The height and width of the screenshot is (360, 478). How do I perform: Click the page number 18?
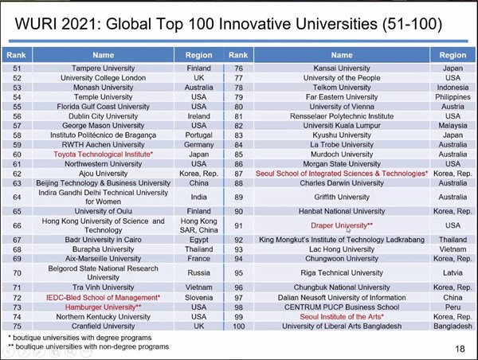coord(460,348)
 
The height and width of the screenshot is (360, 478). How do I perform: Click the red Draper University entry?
coord(341,225)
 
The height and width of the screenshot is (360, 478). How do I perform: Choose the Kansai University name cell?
coord(341,68)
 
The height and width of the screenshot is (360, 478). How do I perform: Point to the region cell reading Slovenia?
coord(198,297)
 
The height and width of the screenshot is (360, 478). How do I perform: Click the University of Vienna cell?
coord(341,106)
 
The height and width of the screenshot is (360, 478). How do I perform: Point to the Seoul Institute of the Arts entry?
coord(341,316)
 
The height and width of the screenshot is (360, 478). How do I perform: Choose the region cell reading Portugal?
coord(198,135)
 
